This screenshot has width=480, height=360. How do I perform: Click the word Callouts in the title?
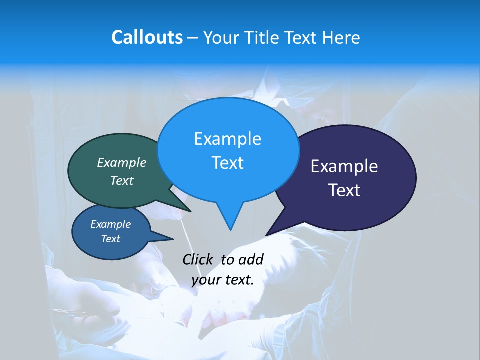pyautogui.click(x=147, y=38)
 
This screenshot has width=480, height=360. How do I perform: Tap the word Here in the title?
pyautogui.click(x=342, y=38)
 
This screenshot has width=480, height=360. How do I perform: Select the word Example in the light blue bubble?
pyautogui.click(x=227, y=139)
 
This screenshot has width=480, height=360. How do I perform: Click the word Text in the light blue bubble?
pyautogui.click(x=227, y=163)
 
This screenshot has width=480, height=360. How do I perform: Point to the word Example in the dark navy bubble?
pyautogui.click(x=344, y=166)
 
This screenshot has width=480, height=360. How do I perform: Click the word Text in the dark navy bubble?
pyautogui.click(x=344, y=190)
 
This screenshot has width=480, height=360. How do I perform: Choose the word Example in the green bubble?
pyautogui.click(x=122, y=162)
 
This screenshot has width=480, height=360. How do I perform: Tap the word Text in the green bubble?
pyautogui.click(x=122, y=181)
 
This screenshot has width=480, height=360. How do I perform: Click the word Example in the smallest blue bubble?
pyautogui.click(x=110, y=224)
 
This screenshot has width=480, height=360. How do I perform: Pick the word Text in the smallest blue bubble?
pyautogui.click(x=110, y=239)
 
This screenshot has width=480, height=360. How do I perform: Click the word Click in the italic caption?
pyautogui.click(x=197, y=259)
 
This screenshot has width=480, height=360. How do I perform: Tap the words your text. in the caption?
pyautogui.click(x=223, y=280)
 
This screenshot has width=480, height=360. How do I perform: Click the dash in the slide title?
pyautogui.click(x=193, y=38)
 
